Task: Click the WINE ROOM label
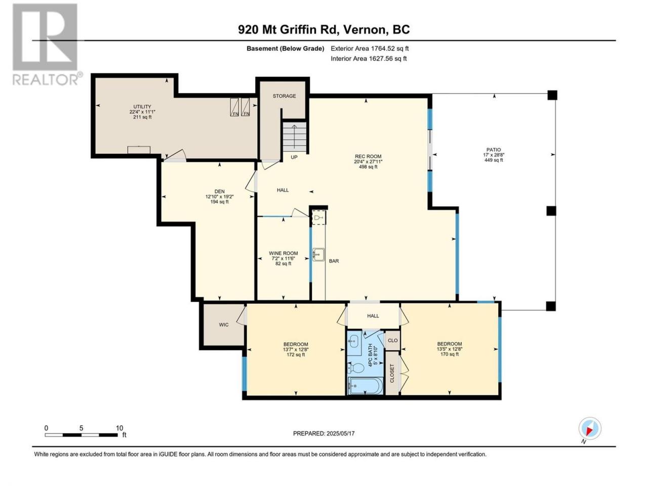[x=283, y=253]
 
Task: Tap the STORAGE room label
[x=284, y=96]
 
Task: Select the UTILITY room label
[x=142, y=106]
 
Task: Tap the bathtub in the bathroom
[x=366, y=386]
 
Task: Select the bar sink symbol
[x=318, y=254]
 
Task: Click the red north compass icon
[x=590, y=428]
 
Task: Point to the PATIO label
[x=494, y=150]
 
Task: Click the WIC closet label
[x=223, y=325]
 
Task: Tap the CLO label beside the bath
[x=393, y=341]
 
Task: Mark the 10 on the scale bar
[x=119, y=428]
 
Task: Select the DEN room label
[x=219, y=191]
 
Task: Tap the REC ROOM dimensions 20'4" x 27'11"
[x=368, y=161]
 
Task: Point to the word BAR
[x=334, y=261]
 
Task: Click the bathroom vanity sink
[x=353, y=342]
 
